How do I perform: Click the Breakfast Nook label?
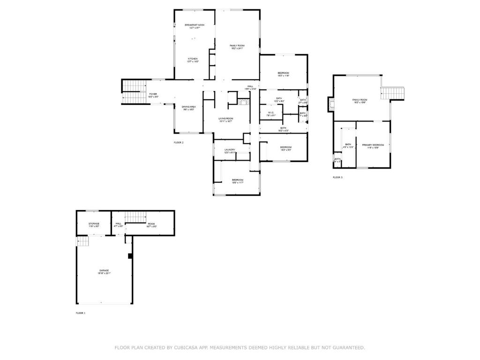194,25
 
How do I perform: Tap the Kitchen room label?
193,59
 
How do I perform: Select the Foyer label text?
153,94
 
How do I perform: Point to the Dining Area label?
188,107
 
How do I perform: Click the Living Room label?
225,119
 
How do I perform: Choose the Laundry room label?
230,150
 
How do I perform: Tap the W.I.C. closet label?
271,112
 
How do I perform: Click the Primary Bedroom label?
373,145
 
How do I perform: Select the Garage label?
104,270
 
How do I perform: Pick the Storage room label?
94,224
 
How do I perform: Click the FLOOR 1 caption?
81,313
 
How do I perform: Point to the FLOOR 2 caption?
179,142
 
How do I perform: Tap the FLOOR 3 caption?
337,178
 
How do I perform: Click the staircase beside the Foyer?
134,92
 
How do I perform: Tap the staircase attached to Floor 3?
393,93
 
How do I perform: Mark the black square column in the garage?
130,256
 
